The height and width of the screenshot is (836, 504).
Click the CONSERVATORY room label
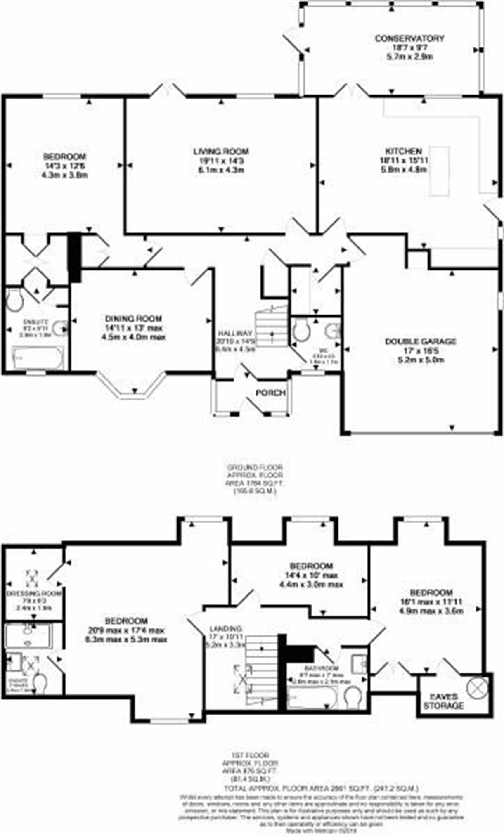point(409,38)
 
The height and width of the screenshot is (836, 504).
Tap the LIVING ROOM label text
point(221,152)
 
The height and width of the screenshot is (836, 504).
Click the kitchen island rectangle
point(439,171)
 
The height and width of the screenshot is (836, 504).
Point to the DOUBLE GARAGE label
point(420,341)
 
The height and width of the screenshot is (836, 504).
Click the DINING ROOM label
point(133,319)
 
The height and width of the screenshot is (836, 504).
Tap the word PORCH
point(270,392)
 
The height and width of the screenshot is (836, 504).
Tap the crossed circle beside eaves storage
point(477,687)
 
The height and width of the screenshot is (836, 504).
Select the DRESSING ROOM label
point(34,593)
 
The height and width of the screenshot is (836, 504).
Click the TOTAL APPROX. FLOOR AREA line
point(321,787)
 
